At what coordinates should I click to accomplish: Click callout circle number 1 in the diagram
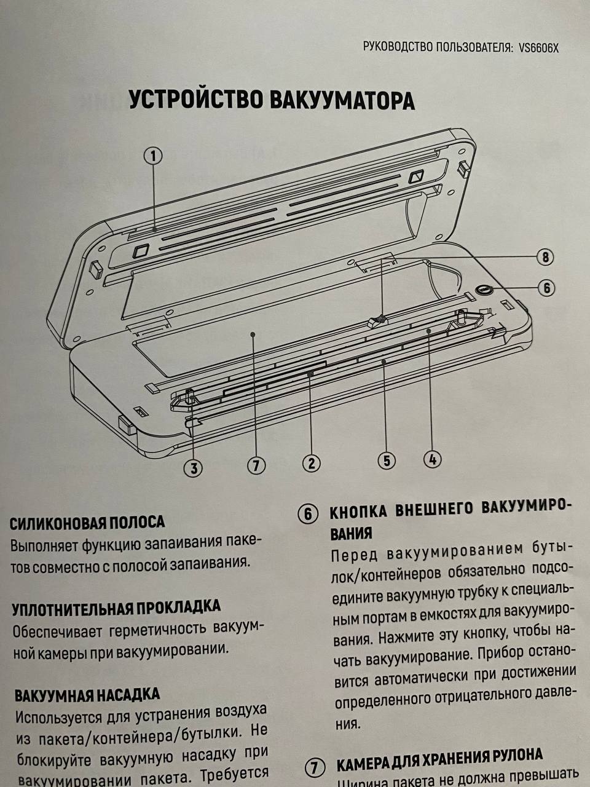pyautogui.click(x=153, y=156)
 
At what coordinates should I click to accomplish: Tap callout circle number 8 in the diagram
pyautogui.click(x=545, y=258)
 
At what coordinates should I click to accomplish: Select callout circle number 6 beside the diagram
pyautogui.click(x=546, y=288)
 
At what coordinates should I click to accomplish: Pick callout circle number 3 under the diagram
pyautogui.click(x=194, y=469)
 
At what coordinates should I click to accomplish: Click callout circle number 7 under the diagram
pyautogui.click(x=256, y=466)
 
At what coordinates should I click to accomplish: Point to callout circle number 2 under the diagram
pyautogui.click(x=312, y=464)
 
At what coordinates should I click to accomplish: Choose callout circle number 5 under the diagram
pyautogui.click(x=387, y=461)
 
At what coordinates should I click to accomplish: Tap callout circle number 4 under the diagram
pyautogui.click(x=433, y=459)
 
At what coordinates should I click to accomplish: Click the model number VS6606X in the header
pyautogui.click(x=538, y=49)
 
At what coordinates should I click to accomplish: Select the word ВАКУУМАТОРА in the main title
pyautogui.click(x=342, y=101)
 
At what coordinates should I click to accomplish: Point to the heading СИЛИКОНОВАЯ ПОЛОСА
pyautogui.click(x=87, y=523)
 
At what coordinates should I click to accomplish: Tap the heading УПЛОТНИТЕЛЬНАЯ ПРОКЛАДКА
pyautogui.click(x=116, y=608)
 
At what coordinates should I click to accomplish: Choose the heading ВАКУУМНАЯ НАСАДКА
pyautogui.click(x=87, y=695)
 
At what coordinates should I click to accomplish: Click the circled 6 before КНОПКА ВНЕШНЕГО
pyautogui.click(x=308, y=515)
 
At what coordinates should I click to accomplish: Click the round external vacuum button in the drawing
pyautogui.click(x=484, y=289)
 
